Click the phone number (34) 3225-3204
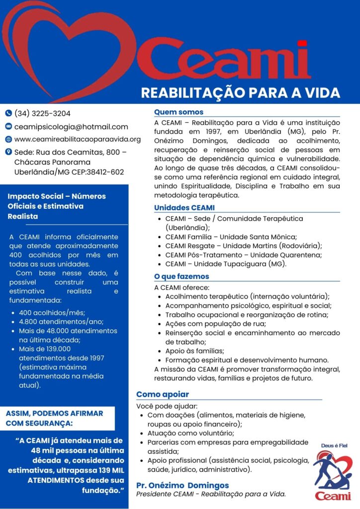coord(43,113)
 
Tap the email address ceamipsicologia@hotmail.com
coord(71,127)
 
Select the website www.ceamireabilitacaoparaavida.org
coord(78,140)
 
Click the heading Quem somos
coord(179,112)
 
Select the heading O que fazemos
coord(181,276)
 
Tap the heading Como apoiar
coord(163,394)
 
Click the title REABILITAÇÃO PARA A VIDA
coord(240,93)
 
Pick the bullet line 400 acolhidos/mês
coord(52,313)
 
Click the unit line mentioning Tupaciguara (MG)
coord(226,264)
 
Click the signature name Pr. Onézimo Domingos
coord(182,485)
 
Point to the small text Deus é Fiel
coord(331,445)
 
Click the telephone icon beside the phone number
coord(8,113)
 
